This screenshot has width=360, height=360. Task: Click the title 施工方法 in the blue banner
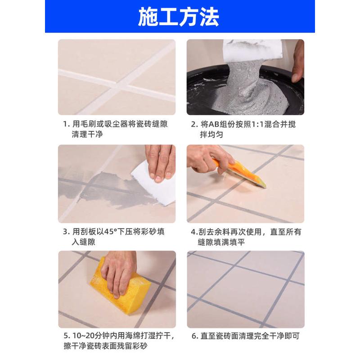179,17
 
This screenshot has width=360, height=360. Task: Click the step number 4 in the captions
193,232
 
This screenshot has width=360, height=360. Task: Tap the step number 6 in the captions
193,336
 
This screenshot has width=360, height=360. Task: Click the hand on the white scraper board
160,162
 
